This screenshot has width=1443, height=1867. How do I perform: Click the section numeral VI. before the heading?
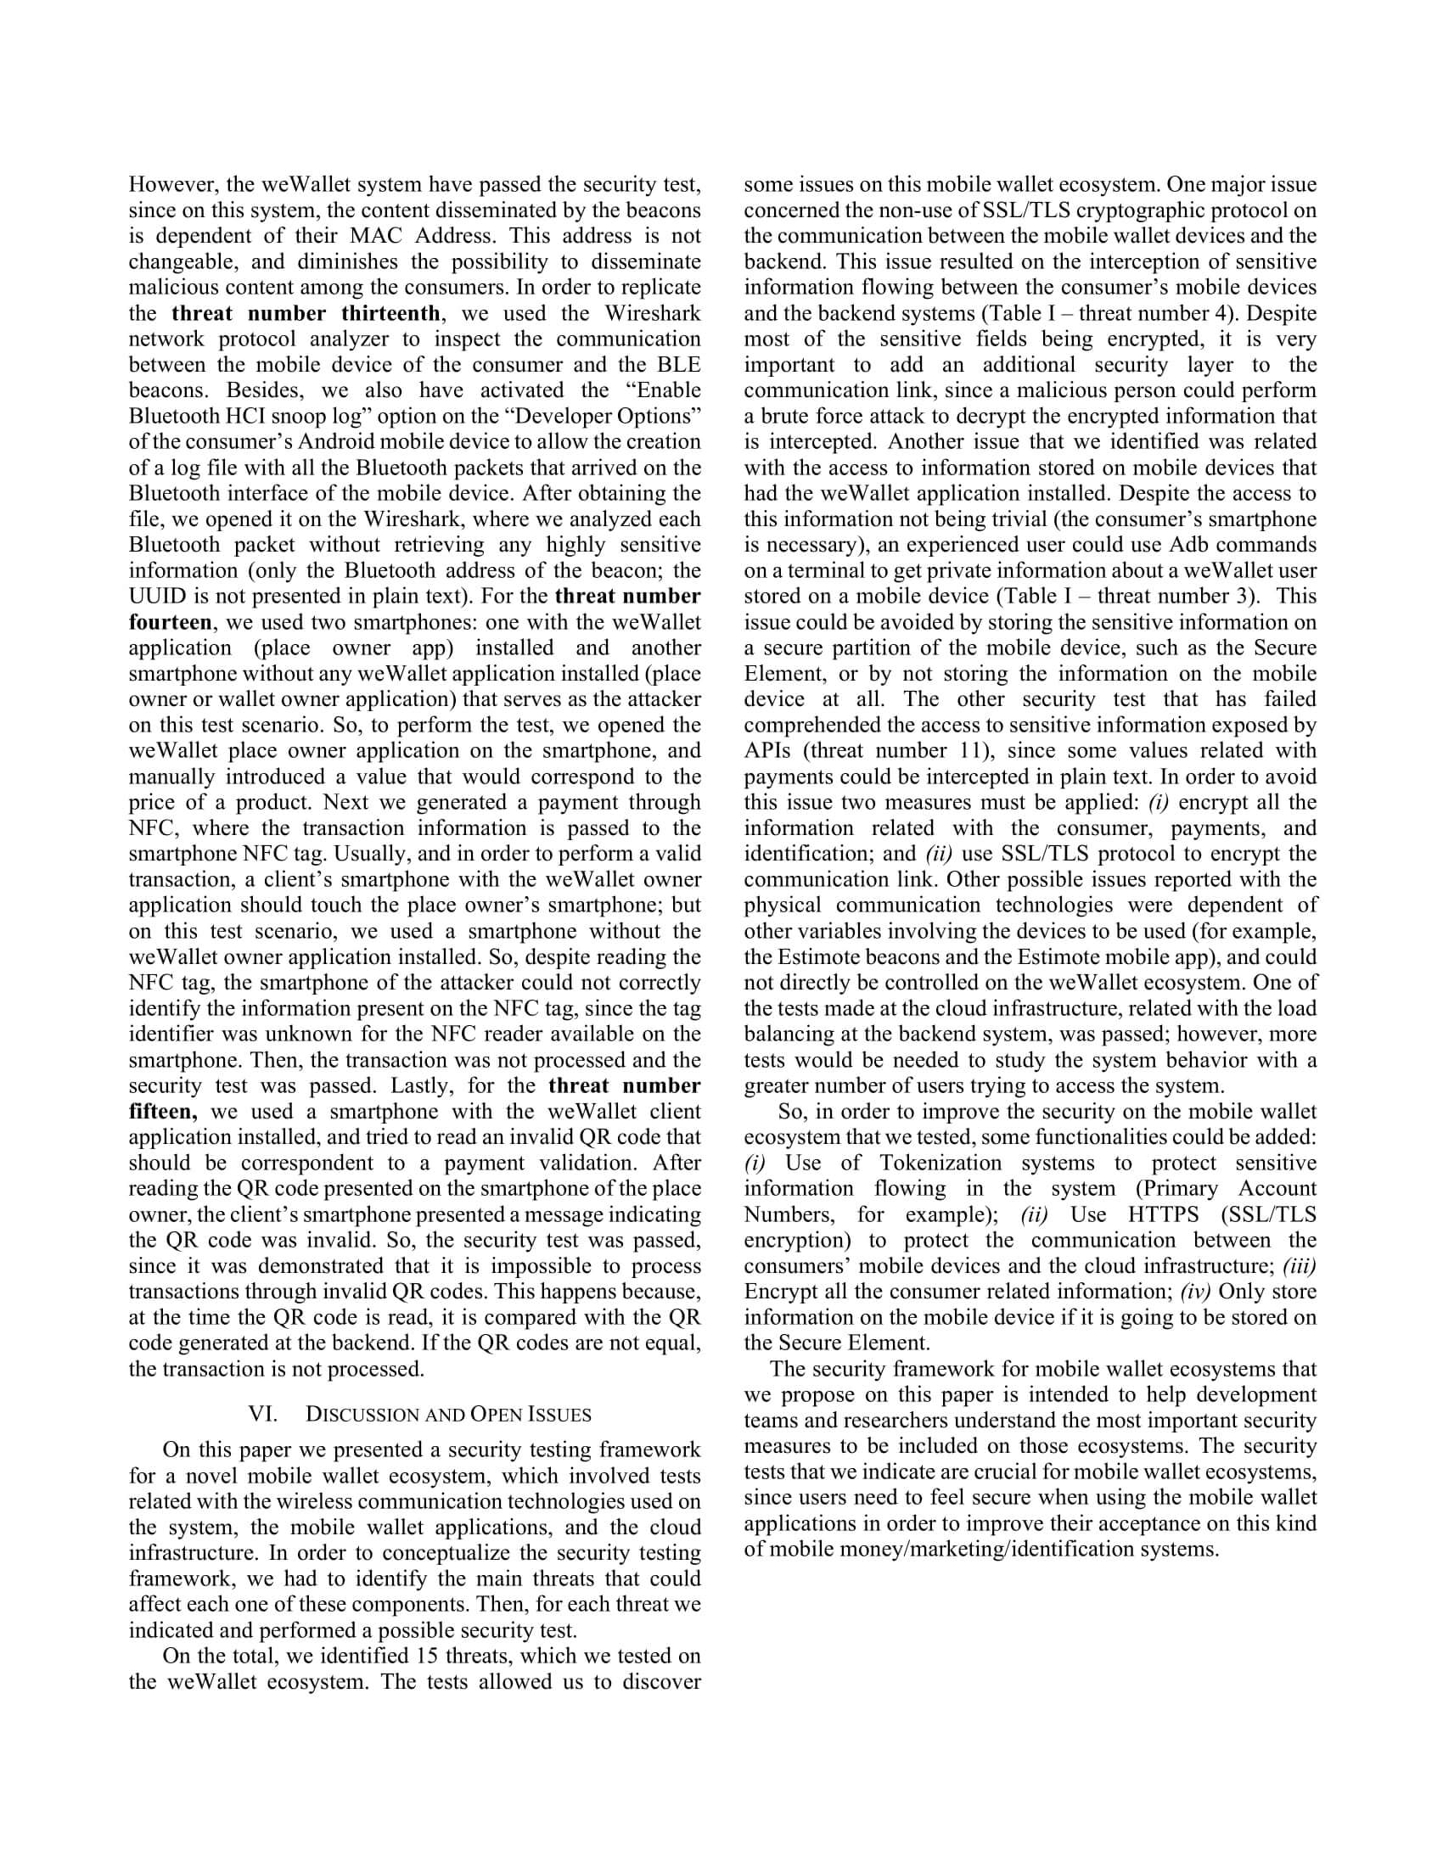tap(262, 1414)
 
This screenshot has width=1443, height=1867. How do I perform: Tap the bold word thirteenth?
tap(390, 313)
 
